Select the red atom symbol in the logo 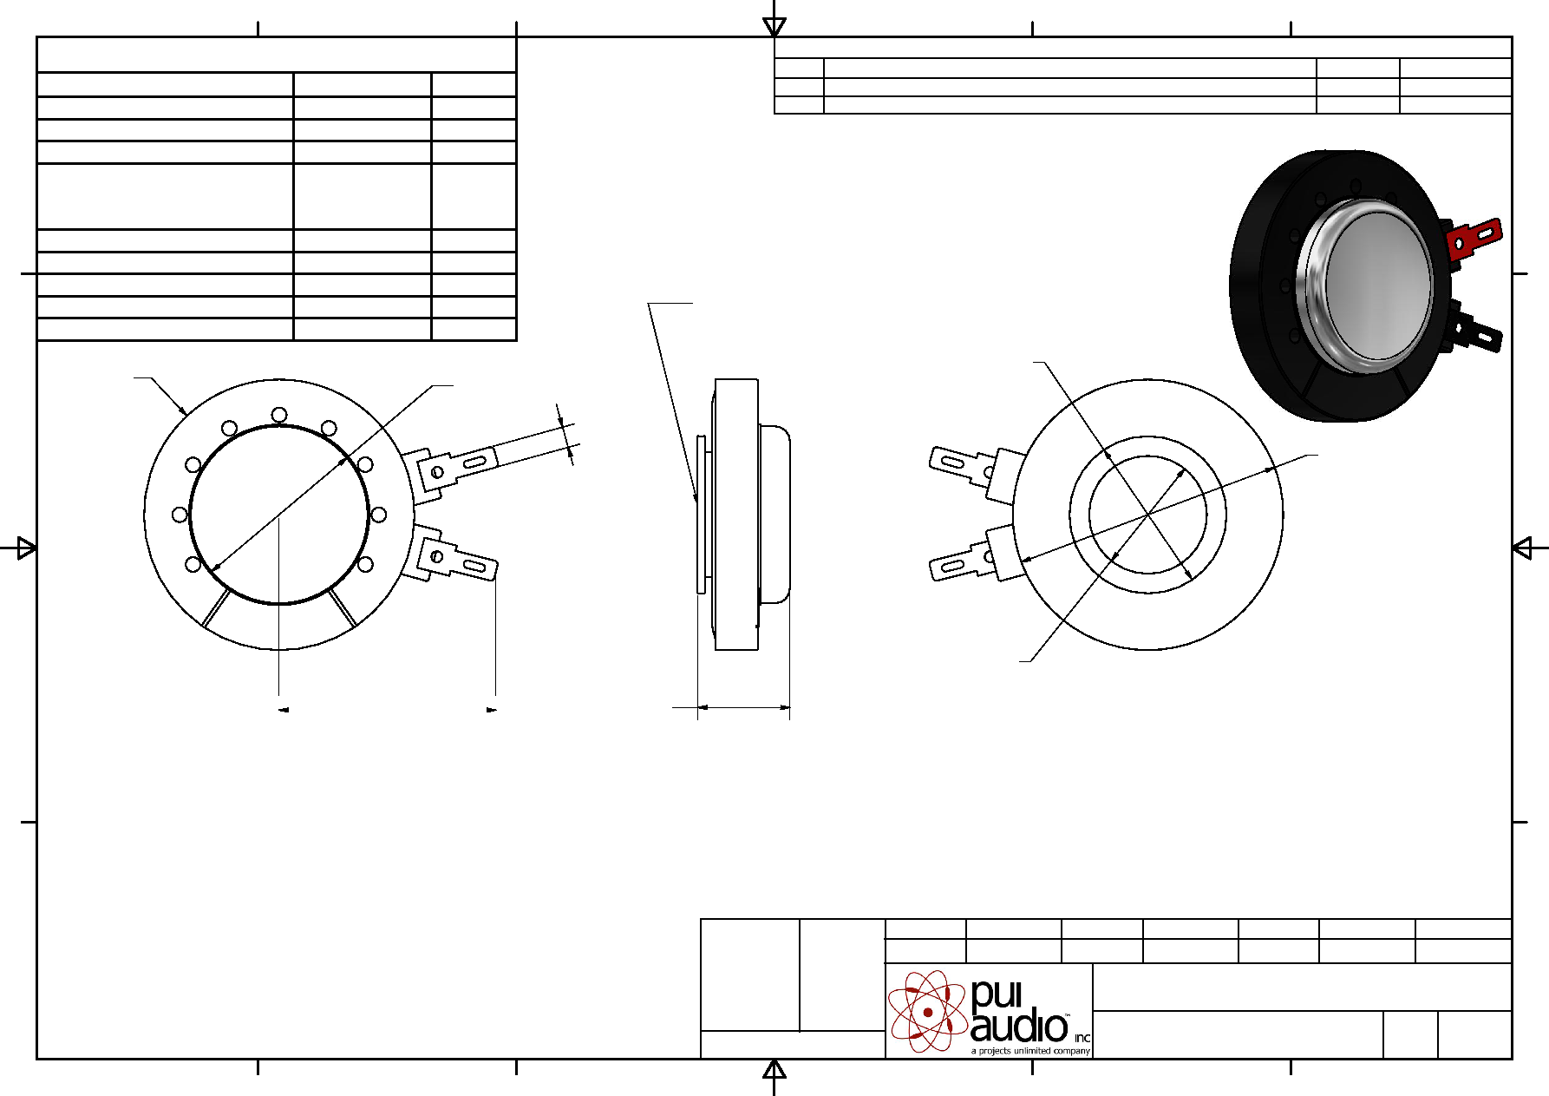[928, 1011]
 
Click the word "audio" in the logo [1019, 1027]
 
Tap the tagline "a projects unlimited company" [1030, 1051]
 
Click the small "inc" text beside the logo [1082, 1038]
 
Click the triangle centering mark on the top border [774, 26]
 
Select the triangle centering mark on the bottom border [774, 1069]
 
